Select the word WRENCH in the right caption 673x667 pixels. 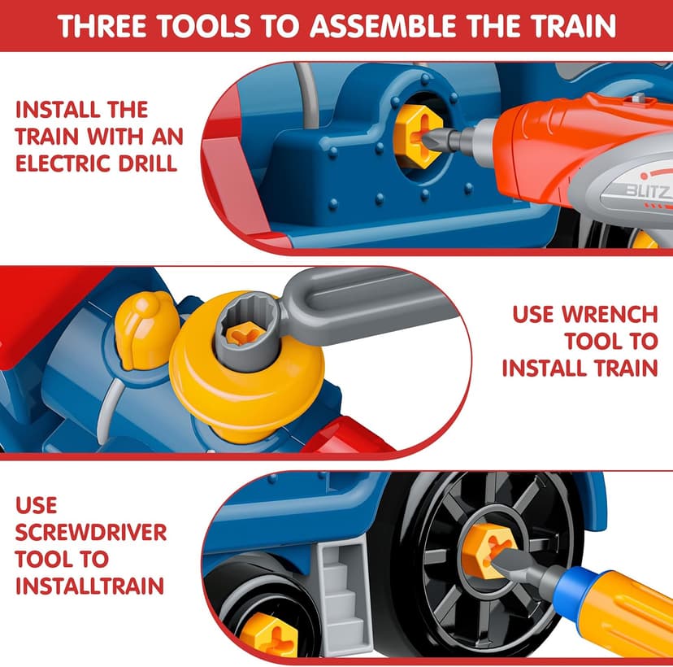[600, 314]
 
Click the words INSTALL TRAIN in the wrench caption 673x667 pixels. [580, 368]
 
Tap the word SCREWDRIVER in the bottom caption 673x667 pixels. [91, 533]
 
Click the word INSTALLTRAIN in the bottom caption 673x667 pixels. [89, 585]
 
